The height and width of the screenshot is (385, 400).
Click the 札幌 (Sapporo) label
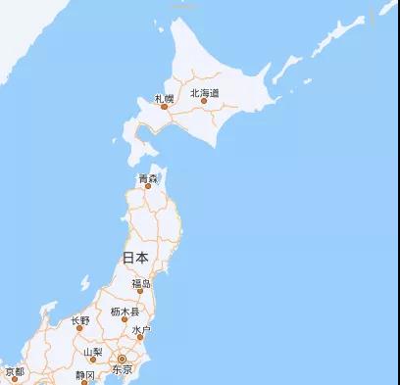[x=163, y=98]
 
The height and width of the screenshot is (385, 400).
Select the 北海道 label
[x=204, y=92]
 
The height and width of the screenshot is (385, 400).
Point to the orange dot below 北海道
[x=204, y=101]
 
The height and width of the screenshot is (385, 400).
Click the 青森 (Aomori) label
[x=148, y=178]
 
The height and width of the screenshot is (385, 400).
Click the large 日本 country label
[x=135, y=258]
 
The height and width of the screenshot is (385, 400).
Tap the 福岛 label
[x=142, y=284]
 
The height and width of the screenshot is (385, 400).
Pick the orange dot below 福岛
[x=142, y=293]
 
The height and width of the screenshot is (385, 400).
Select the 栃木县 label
[x=125, y=312]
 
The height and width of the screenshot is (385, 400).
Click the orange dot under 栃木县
[x=125, y=320]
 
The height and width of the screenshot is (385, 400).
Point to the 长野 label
[x=80, y=320]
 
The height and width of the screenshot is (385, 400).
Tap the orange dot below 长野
[x=80, y=329]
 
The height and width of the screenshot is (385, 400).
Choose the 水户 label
[x=140, y=330]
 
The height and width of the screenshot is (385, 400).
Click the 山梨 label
[x=92, y=352]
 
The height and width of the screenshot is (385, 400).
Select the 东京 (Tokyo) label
[x=122, y=371]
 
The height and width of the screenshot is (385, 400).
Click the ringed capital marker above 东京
[x=122, y=360]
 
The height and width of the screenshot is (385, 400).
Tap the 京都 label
[x=14, y=372]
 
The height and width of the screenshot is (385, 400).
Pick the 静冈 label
[x=85, y=375]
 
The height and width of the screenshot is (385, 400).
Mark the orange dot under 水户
[x=140, y=339]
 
